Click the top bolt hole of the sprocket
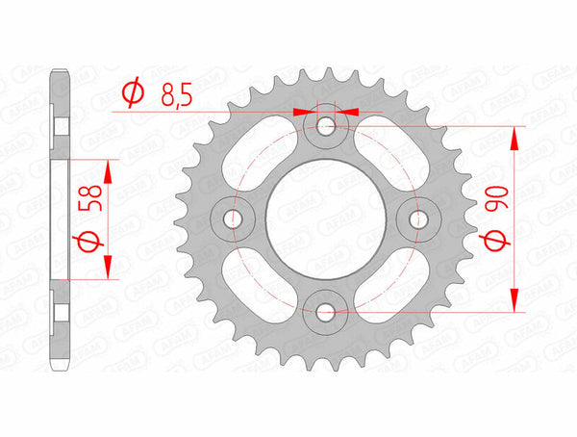point(325,126)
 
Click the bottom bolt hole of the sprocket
point(325,311)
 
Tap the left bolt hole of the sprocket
point(233,219)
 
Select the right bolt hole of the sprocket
point(417,219)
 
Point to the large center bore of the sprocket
point(325,219)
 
